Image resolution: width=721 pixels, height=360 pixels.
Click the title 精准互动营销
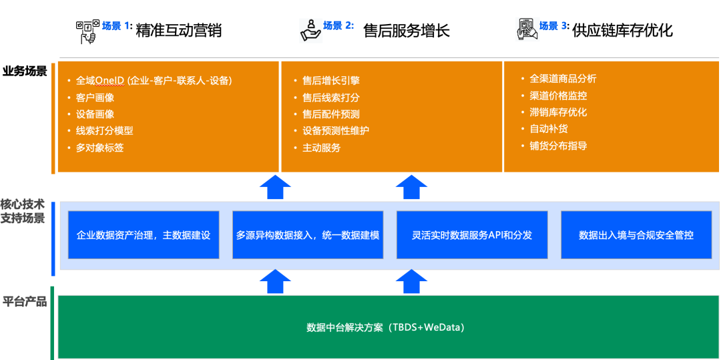click(x=178, y=31)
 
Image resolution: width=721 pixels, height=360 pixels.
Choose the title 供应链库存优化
click(x=622, y=31)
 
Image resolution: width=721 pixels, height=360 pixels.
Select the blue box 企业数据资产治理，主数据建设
click(x=144, y=235)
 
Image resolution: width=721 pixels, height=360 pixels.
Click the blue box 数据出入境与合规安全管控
click(x=636, y=235)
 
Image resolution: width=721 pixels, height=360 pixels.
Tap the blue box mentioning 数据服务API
click(x=472, y=235)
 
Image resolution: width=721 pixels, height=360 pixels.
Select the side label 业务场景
click(x=25, y=71)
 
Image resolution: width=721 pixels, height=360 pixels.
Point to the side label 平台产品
click(x=25, y=302)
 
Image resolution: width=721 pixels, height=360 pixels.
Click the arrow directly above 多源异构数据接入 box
click(x=274, y=187)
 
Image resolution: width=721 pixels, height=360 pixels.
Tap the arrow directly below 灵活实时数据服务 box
click(x=411, y=281)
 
